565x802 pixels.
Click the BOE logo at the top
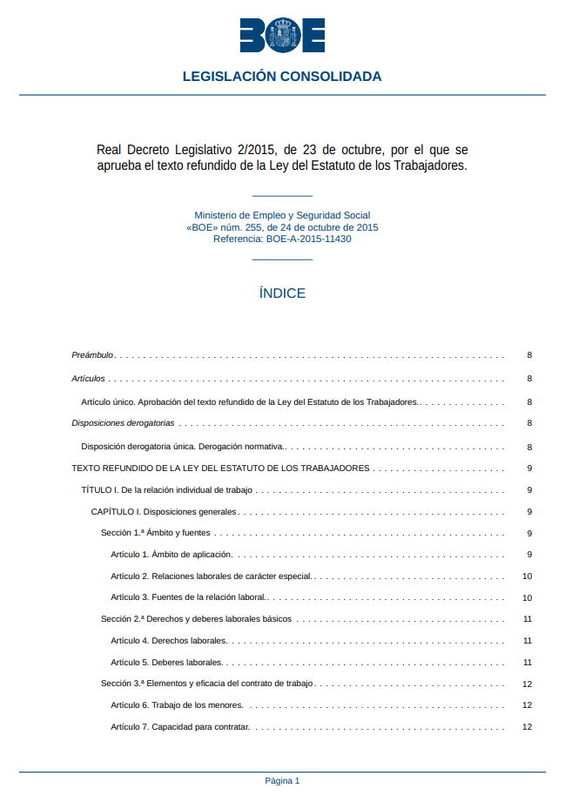282,34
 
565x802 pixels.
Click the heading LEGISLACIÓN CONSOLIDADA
282,77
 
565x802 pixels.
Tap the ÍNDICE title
282,293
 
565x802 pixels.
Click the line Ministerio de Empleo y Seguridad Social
282,215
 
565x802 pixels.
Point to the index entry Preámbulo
92,355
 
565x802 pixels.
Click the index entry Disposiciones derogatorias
123,423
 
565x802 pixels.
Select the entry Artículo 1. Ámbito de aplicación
172,555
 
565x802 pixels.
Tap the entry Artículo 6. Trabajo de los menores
177,704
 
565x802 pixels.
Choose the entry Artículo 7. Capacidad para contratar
180,726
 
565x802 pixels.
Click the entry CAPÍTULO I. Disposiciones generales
164,512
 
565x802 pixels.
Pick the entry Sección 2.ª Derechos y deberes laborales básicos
196,619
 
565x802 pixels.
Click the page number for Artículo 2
527,576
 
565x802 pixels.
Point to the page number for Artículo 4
528,641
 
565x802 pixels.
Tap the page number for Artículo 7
527,726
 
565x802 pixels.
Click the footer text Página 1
282,780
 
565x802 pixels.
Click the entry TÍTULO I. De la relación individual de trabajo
166,490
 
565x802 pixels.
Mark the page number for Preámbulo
529,355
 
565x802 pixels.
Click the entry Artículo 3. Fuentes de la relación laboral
188,597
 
